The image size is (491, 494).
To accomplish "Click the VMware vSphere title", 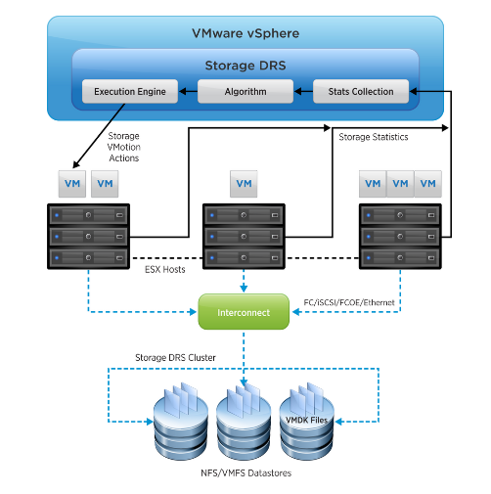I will coord(245,33).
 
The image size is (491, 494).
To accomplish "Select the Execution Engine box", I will coord(129,92).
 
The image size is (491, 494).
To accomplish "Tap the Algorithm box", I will coord(245,92).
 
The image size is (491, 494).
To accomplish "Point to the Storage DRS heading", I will coord(245,66).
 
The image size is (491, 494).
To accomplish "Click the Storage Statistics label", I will coord(374,137).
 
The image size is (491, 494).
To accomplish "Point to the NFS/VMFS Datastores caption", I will coord(245,472).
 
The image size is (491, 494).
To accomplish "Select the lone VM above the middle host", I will coord(245,183).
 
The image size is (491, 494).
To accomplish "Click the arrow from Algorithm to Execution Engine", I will coord(188,92).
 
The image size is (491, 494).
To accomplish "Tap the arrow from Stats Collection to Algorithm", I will coord(303,92).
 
